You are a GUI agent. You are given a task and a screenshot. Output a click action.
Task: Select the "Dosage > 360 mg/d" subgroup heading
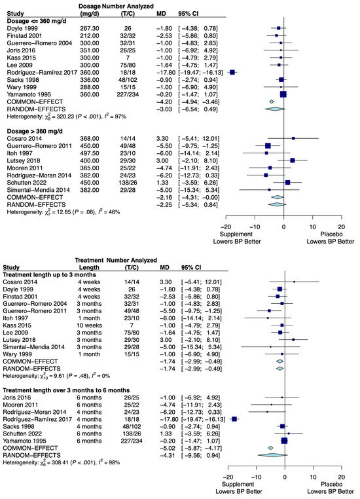point(35,131)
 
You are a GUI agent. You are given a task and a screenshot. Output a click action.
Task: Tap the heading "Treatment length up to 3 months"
point(49,274)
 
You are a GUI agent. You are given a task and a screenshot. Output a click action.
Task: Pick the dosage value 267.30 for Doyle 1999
point(90,28)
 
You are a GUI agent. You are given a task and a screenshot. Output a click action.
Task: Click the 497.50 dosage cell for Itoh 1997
point(90,153)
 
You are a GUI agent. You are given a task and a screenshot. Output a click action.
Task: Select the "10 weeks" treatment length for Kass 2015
point(89,325)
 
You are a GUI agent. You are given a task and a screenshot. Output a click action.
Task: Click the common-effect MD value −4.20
point(164,102)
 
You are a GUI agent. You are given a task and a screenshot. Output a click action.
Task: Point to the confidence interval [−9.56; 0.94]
point(200,455)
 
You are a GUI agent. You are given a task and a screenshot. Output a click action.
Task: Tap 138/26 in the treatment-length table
point(132,434)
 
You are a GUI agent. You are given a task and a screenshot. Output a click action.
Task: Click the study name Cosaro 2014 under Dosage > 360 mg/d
point(24,138)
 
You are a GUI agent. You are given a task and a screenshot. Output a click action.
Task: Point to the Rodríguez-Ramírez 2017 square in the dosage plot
point(232,72)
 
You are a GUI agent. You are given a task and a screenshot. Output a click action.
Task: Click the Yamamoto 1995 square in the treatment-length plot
point(284,441)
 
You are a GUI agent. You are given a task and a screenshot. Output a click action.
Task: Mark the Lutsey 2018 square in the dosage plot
point(293,160)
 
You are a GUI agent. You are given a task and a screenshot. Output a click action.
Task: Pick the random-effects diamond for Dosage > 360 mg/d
point(278,204)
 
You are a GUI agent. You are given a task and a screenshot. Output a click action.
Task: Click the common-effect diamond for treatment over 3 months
point(270,448)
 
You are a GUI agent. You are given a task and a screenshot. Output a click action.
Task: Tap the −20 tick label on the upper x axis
point(226,227)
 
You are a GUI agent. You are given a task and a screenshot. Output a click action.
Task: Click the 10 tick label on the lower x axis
point(314,477)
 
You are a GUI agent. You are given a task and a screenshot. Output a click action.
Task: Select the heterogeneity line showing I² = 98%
point(62,462)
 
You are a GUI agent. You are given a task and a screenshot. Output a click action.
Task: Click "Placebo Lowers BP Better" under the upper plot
point(331,238)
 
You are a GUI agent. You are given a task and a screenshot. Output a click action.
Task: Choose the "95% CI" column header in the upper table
point(189,14)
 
